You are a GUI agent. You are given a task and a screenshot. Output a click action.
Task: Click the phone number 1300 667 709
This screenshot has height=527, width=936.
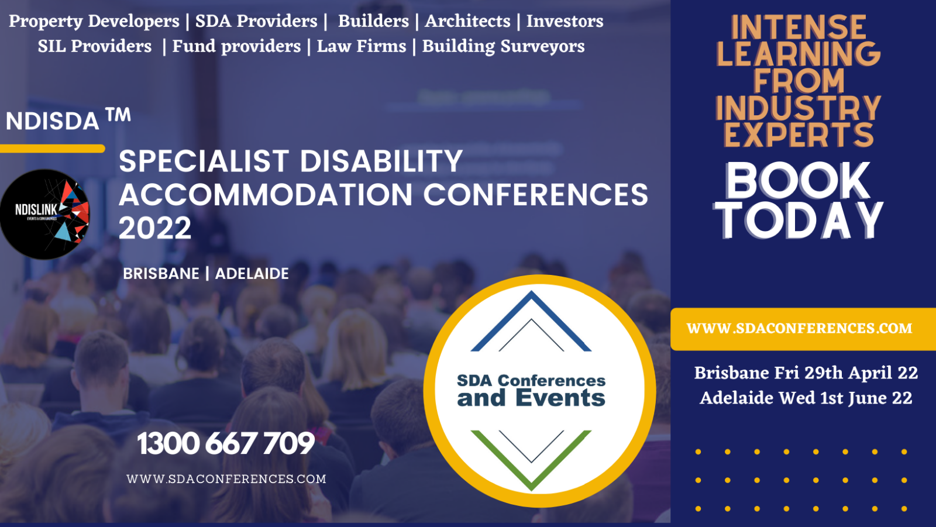point(226,443)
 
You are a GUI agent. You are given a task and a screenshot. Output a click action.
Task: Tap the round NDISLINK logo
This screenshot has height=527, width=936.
point(44,214)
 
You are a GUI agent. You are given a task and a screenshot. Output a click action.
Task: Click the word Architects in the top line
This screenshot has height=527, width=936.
point(467,21)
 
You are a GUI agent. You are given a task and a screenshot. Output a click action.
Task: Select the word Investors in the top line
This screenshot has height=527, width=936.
point(565,21)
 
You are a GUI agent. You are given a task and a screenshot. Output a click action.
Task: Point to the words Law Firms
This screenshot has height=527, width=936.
point(362,46)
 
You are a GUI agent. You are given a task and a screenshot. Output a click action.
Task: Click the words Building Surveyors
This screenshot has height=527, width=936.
point(503,47)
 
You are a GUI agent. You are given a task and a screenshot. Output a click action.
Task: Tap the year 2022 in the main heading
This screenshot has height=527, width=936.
point(155,228)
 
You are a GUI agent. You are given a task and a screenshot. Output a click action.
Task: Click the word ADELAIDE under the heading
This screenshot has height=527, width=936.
point(252,274)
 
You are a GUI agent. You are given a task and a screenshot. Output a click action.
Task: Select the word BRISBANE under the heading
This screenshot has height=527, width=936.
point(161,274)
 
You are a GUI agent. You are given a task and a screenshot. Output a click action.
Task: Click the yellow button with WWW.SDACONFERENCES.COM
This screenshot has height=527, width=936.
point(803,329)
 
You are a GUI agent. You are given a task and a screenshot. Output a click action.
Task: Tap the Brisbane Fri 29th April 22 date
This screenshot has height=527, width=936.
point(806,373)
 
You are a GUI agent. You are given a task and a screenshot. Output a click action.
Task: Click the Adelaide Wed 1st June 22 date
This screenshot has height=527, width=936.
point(806,398)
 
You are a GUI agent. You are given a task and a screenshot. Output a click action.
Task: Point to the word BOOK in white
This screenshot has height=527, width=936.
point(798,181)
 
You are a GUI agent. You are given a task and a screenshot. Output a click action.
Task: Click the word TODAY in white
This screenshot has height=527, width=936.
point(799,220)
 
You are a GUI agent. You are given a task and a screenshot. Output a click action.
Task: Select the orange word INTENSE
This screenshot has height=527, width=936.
point(798,27)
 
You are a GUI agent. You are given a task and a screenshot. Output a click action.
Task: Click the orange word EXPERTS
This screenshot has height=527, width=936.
point(798,135)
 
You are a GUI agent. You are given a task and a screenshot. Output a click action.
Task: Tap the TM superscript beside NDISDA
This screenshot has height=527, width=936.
point(118,115)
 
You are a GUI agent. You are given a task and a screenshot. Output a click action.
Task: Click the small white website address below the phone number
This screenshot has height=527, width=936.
point(226,479)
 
